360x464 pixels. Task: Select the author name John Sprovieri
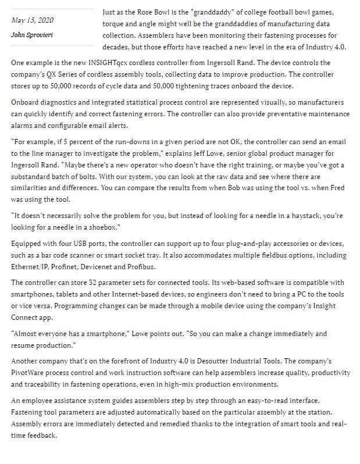[34, 34]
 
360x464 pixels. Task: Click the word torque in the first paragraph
[114, 23]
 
